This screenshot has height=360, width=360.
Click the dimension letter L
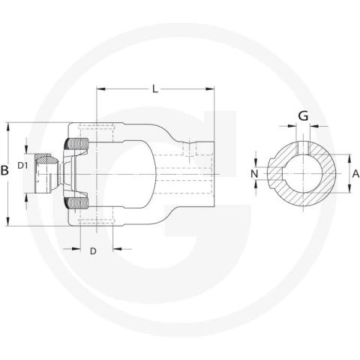(x=155, y=89)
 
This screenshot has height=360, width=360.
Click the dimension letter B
(x=4, y=170)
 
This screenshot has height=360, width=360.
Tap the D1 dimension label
(x=22, y=165)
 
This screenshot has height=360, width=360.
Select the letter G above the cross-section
(x=303, y=116)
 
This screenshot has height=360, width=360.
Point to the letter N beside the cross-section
(x=254, y=173)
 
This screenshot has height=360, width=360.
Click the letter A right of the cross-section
(x=355, y=173)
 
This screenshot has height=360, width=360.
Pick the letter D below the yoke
(x=93, y=251)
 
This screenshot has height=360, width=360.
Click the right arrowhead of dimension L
(x=210, y=89)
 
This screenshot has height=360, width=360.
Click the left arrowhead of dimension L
(x=100, y=89)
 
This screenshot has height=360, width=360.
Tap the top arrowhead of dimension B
(x=8, y=127)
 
